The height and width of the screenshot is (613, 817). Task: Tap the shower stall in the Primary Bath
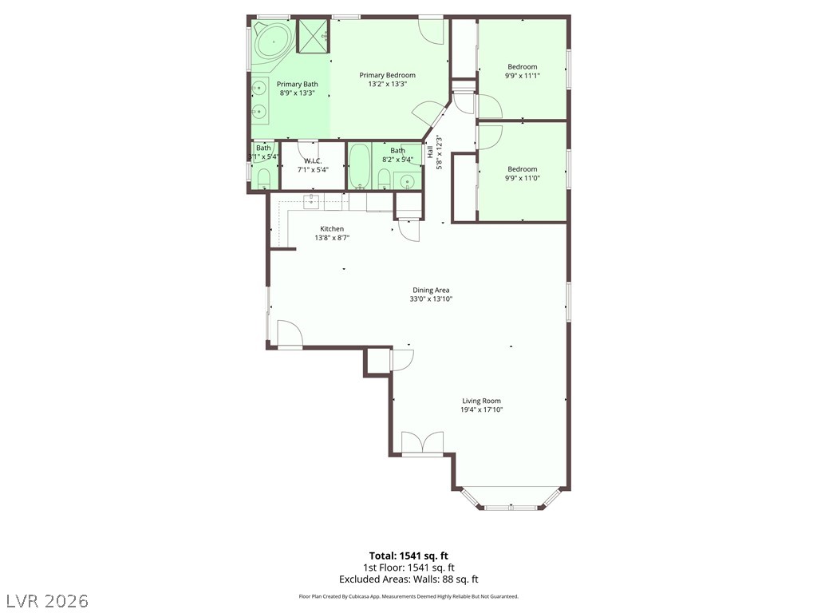tap(313, 36)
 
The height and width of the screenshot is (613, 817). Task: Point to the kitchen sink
tap(312, 201)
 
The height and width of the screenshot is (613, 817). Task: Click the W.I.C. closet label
tap(312, 160)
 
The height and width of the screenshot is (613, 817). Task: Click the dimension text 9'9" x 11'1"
tap(523, 75)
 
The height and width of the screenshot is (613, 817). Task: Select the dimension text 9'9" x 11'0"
tap(523, 178)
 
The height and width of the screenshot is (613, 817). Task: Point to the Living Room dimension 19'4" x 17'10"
tap(481, 409)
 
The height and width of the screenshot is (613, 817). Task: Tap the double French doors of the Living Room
tap(422, 444)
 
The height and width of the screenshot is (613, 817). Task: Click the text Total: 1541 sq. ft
tap(408, 556)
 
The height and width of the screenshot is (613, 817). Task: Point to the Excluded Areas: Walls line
tap(408, 579)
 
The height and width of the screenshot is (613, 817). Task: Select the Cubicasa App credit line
tap(408, 596)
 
